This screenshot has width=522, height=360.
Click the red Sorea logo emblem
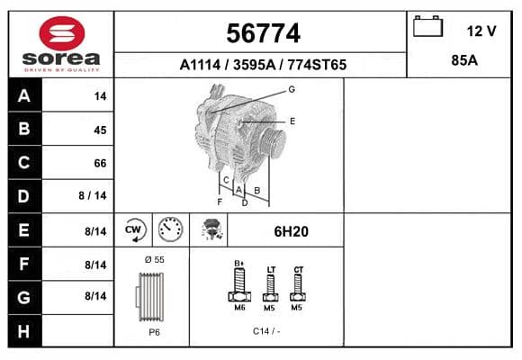coord(62,33)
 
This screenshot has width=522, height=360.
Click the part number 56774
coord(263,33)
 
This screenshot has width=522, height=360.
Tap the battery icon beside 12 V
coord(427,26)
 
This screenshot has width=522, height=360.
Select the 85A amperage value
coord(464,60)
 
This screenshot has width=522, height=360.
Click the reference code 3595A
coord(254,65)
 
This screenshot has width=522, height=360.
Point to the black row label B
coord(24,129)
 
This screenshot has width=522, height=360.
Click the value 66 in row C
coord(100,163)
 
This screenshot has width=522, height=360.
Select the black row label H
coord(24,331)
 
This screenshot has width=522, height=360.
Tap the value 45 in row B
coord(100,130)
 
